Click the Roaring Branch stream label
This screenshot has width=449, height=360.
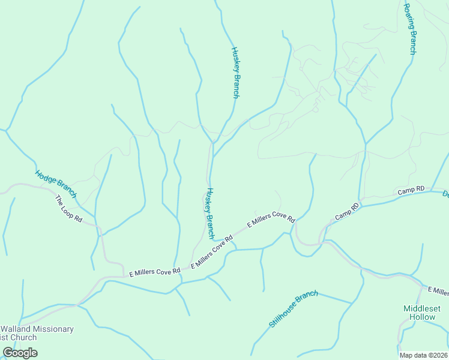pyautogui.click(x=409, y=29)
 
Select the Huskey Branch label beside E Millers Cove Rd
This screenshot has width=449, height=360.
pyautogui.click(x=209, y=213)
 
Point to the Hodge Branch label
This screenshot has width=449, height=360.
pyautogui.click(x=56, y=184)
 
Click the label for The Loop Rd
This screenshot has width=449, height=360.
pyautogui.click(x=68, y=209)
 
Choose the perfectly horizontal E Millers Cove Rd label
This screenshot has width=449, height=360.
pyautogui.click(x=155, y=272)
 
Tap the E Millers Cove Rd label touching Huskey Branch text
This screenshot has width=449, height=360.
pyautogui.click(x=212, y=253)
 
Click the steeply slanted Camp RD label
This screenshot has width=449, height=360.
pyautogui.click(x=347, y=211)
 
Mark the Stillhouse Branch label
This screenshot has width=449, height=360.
pyautogui.click(x=293, y=308)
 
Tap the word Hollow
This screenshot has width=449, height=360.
pyautogui.click(x=423, y=316)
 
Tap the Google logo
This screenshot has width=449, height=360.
pyautogui.click(x=20, y=352)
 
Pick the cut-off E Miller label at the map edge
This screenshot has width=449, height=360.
pyautogui.click(x=438, y=291)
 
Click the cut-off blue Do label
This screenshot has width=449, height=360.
pyautogui.click(x=445, y=194)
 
